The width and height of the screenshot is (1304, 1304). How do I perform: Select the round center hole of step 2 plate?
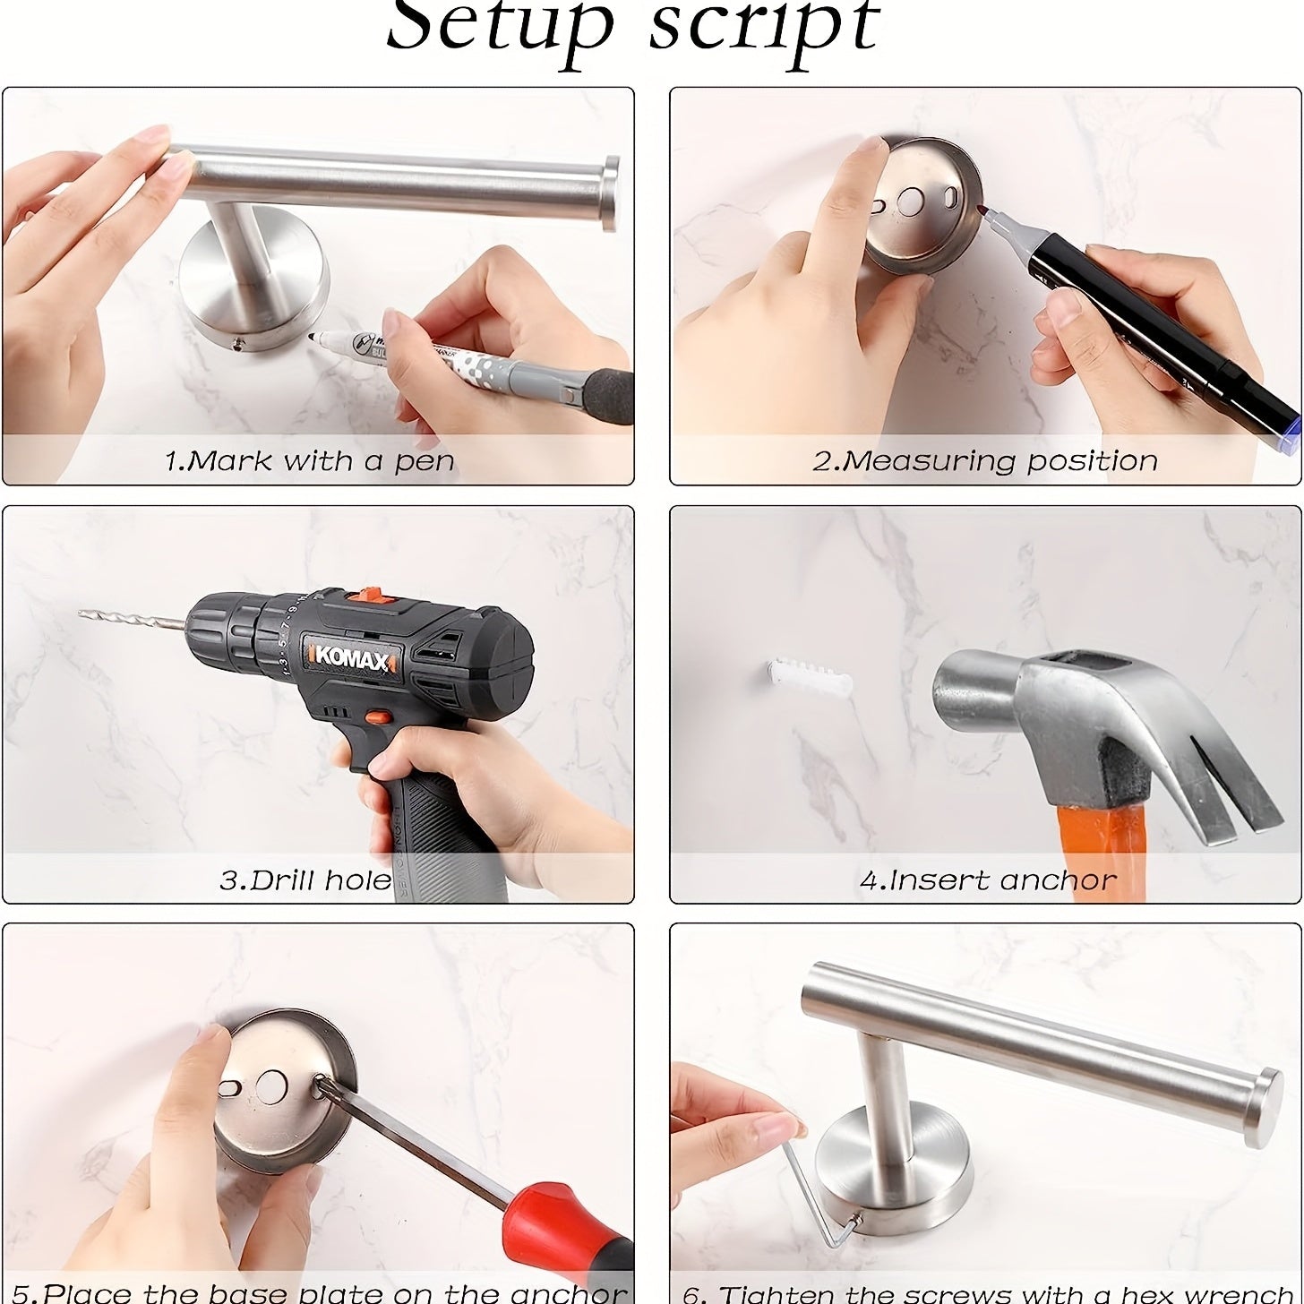913,198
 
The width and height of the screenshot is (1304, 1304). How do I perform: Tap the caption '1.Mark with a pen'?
310,461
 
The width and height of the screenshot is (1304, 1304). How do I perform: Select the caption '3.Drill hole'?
305,879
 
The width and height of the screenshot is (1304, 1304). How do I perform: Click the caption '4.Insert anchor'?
987,879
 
